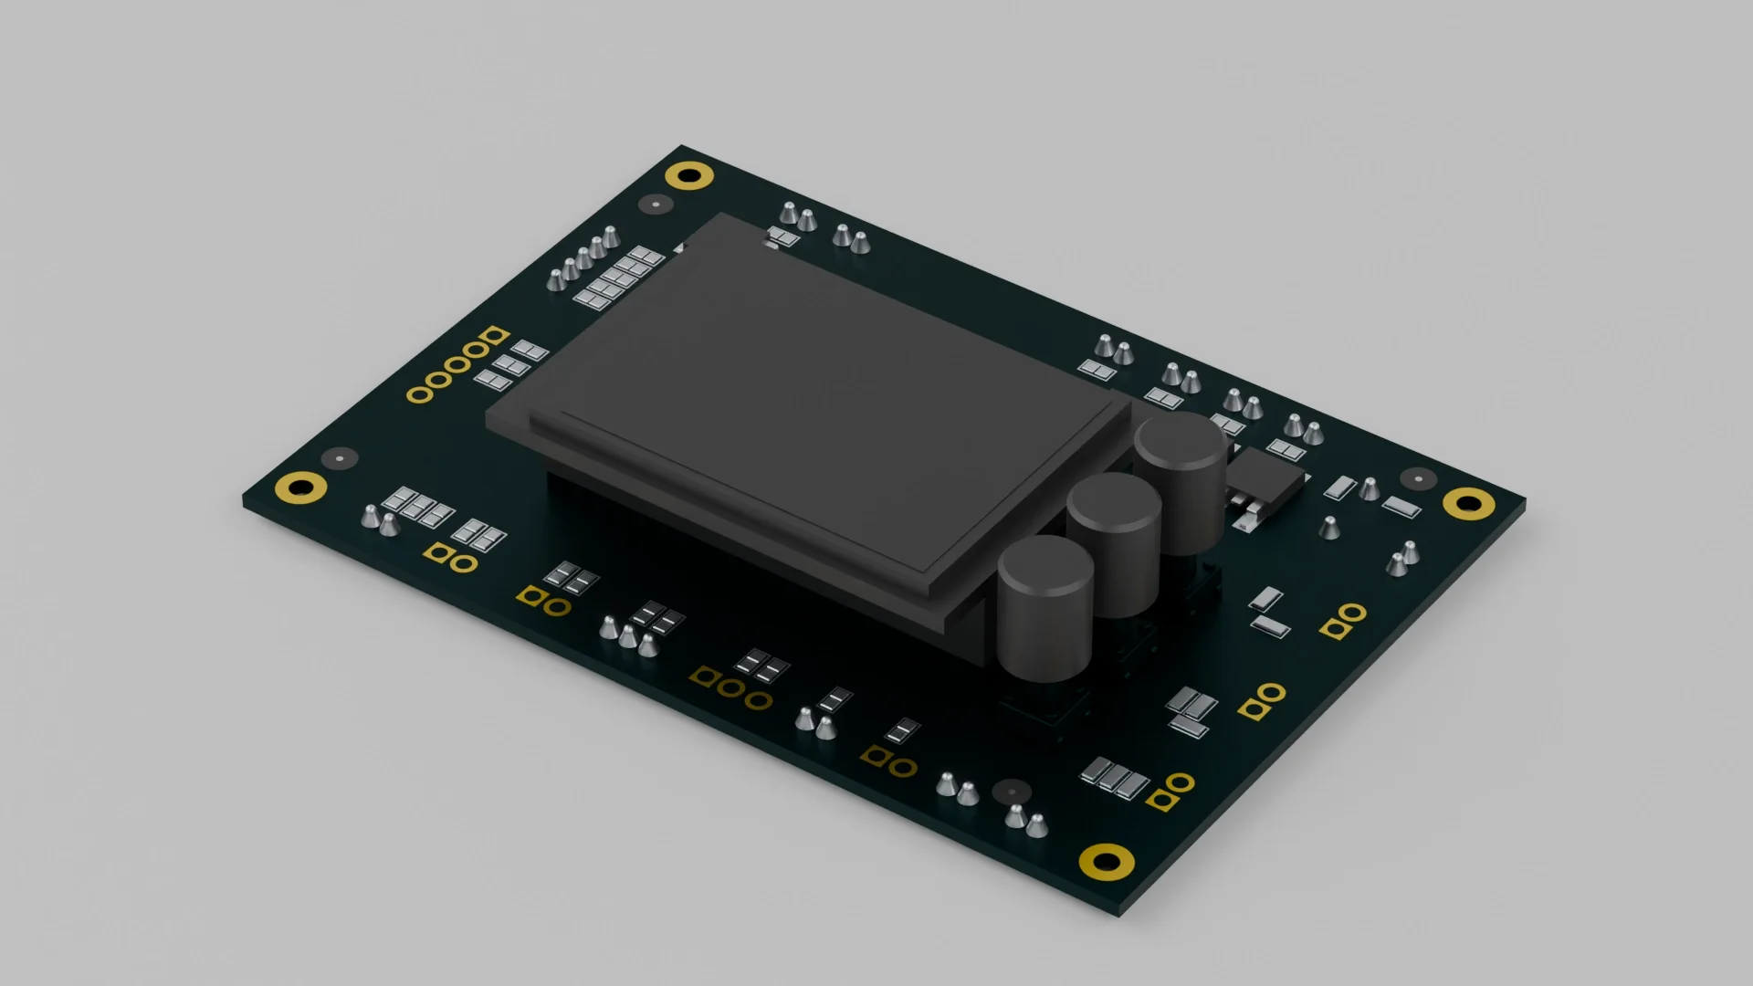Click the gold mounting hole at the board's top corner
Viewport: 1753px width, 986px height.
689,174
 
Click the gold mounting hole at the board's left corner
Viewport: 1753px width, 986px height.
300,488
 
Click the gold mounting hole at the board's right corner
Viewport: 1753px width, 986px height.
1468,502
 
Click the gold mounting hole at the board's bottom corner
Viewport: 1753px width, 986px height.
1107,860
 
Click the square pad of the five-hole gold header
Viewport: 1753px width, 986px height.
495,335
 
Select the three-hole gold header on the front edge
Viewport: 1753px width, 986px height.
730,687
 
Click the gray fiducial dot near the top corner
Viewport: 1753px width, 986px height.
655,205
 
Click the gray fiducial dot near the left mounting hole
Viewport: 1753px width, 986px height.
340,457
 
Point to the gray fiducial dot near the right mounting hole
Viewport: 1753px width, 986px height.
1418,477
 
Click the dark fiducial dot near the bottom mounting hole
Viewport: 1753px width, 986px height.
1011,791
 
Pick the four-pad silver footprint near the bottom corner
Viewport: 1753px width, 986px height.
1114,778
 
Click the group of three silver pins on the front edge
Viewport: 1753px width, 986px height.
628,636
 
